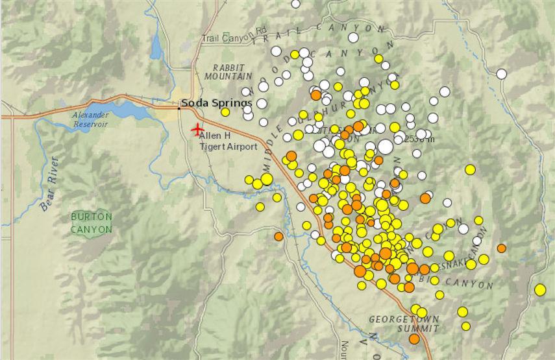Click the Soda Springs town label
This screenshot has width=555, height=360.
217,103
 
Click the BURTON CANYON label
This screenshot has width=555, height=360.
92,222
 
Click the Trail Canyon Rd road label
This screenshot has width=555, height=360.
234,39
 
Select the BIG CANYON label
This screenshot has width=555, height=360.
462,283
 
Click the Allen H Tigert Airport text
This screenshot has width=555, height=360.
228,141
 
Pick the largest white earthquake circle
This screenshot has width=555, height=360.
386,147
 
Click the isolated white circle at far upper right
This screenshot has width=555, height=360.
502,74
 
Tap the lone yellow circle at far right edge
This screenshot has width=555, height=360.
540,289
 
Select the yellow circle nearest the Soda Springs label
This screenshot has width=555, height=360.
225,112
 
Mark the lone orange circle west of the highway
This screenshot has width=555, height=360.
278,236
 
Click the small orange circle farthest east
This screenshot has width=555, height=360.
502,248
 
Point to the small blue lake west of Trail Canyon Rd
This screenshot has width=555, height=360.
156,46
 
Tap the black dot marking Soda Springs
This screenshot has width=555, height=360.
180,102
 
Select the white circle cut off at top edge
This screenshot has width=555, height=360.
296,3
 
